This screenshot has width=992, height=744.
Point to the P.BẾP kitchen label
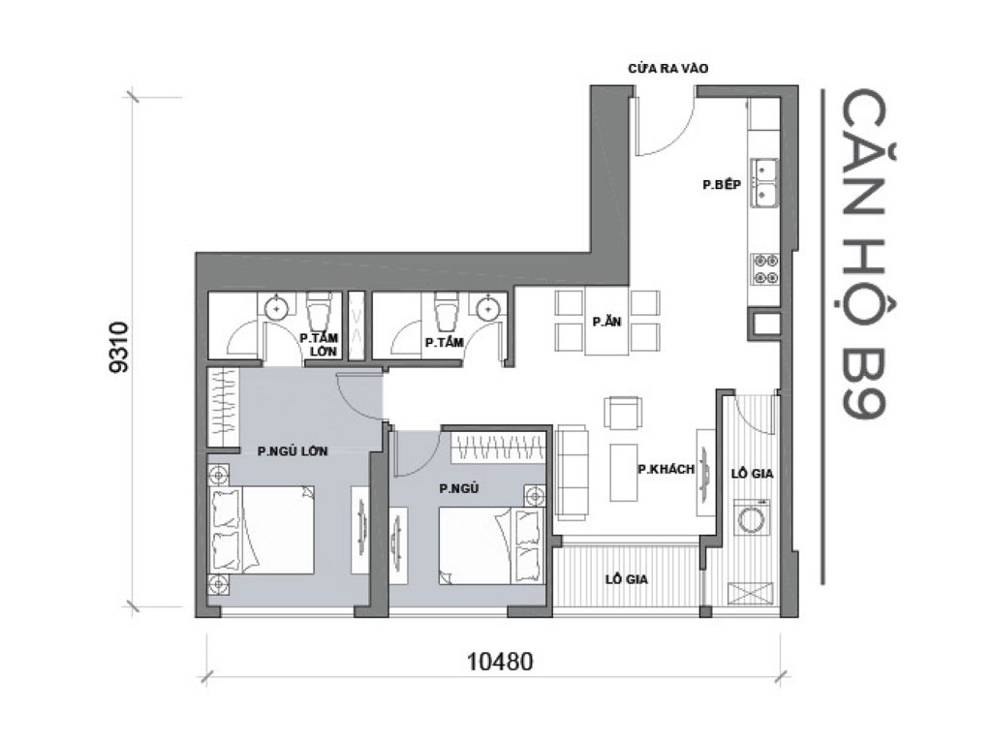point(721,184)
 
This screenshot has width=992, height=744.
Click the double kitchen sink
point(765,182)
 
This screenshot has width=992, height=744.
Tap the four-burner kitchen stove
point(765,268)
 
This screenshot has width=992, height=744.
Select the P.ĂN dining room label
point(607,323)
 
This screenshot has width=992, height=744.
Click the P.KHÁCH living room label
point(666,469)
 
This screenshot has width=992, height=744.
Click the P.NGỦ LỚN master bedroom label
point(292,450)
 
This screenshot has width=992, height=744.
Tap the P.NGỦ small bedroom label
point(459,488)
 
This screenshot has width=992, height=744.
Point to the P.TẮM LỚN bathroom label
point(317,344)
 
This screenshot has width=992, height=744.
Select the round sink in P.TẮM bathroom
point(486,309)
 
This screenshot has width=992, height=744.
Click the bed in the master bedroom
point(262,532)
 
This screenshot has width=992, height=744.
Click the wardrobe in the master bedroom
point(222,408)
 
